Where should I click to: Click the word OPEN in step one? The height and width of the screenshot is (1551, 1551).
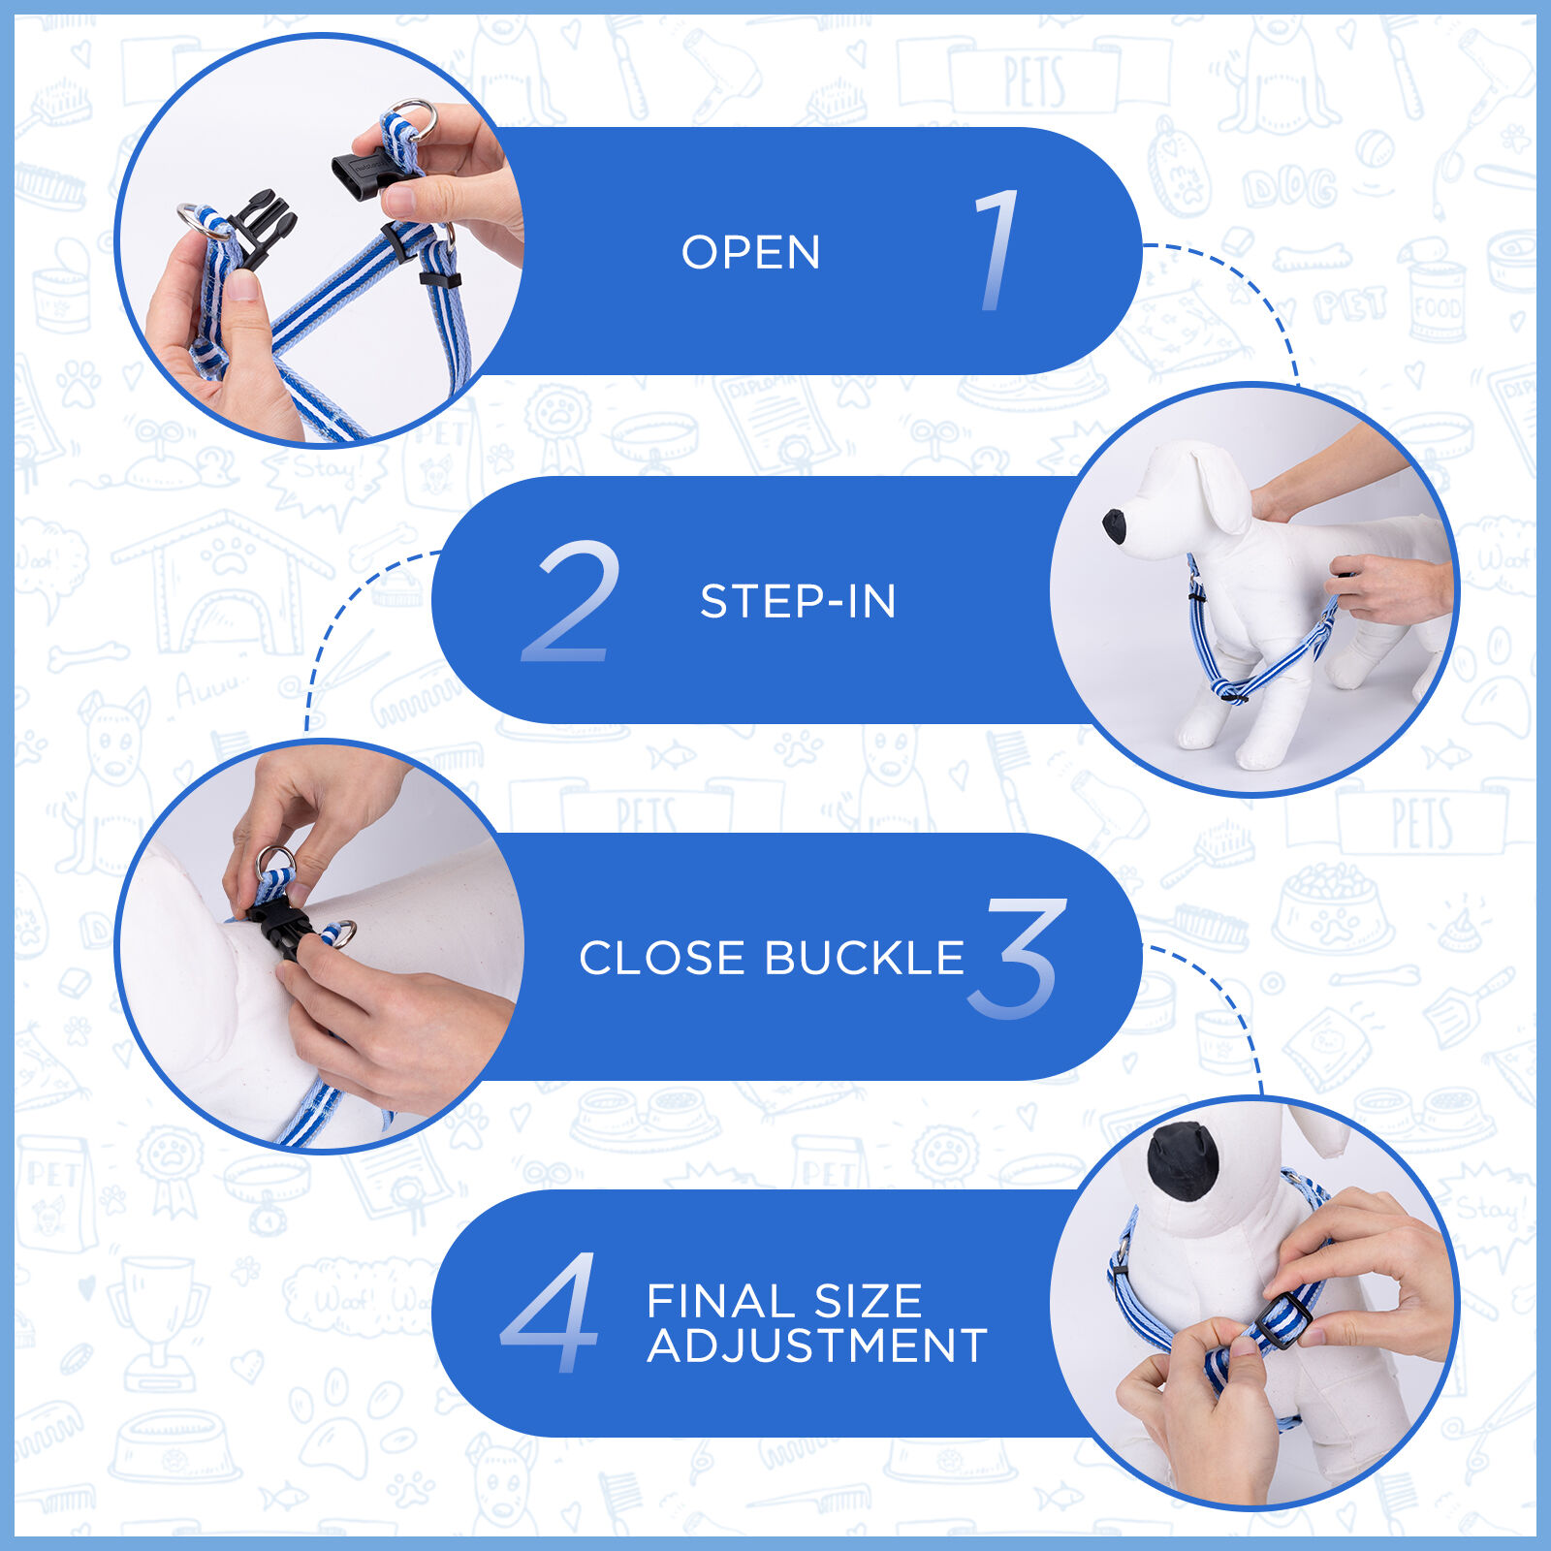tap(751, 253)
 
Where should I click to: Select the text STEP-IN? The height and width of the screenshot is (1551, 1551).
tap(798, 602)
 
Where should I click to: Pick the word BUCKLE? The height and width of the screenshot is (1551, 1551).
tap(865, 958)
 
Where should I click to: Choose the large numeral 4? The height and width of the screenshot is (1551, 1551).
tap(551, 1313)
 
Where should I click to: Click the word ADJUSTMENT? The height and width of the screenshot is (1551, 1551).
tap(817, 1345)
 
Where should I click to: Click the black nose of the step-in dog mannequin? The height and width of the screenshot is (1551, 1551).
tap(1116, 526)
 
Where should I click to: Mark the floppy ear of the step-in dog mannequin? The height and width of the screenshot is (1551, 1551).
tap(1221, 490)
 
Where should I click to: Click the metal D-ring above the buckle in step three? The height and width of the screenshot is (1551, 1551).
tap(276, 860)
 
